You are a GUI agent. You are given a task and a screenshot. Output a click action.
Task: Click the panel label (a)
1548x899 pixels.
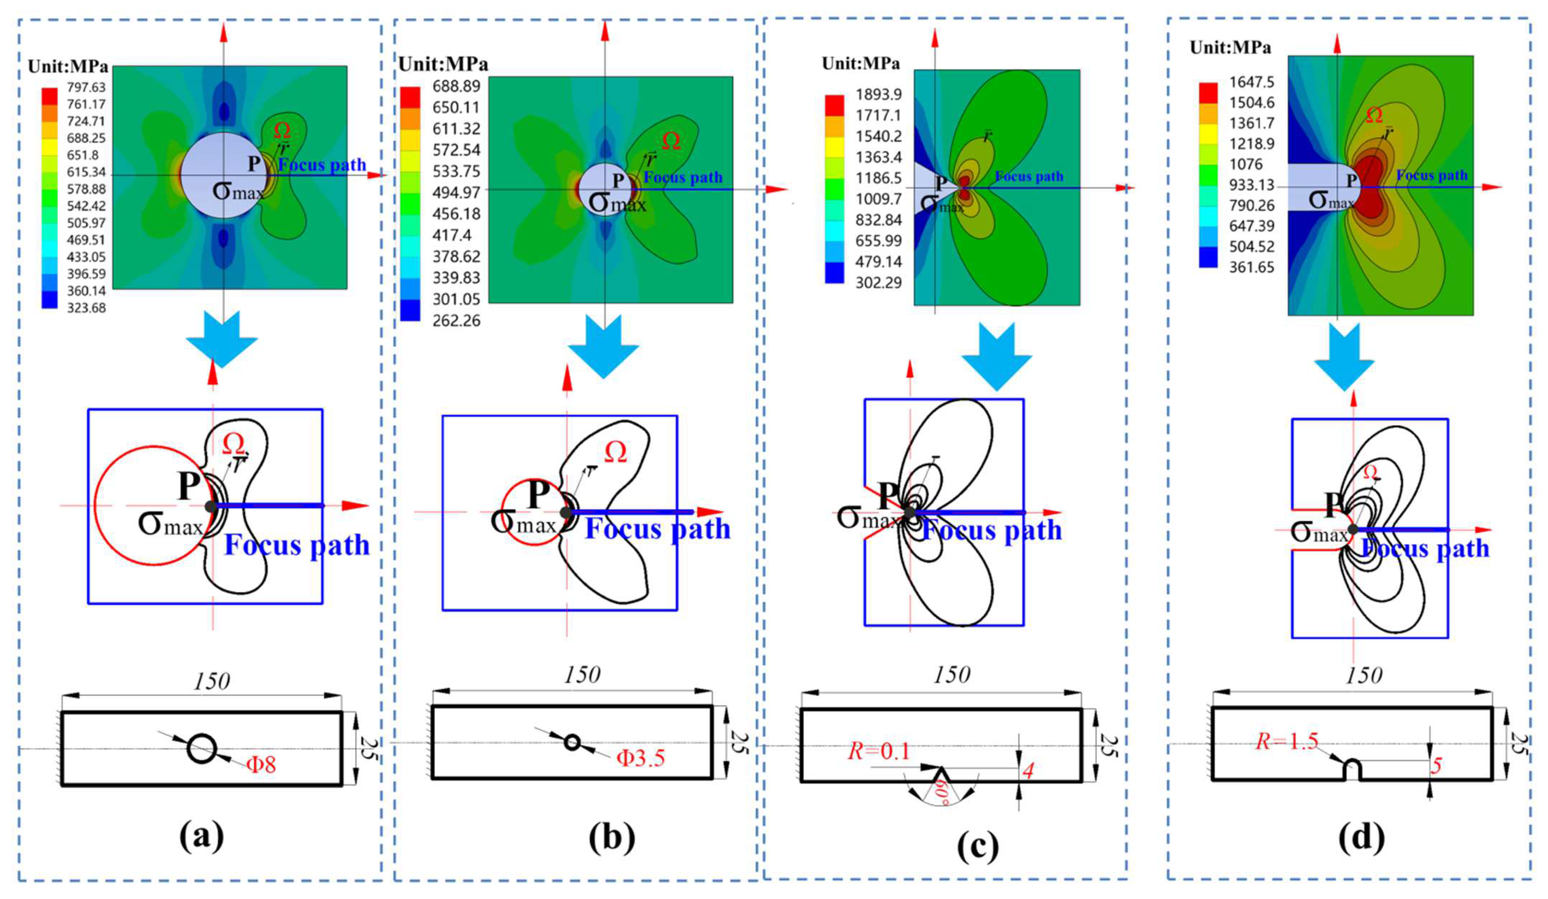tap(202, 837)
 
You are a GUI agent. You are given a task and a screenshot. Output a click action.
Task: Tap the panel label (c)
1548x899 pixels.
tap(978, 846)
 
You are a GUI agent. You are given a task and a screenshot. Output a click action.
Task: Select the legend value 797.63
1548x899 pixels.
tap(86, 88)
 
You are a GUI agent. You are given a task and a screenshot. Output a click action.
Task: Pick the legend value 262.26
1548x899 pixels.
tap(457, 320)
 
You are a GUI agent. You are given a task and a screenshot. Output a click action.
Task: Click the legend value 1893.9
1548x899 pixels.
tap(878, 94)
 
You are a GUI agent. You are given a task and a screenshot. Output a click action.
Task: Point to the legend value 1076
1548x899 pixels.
tap(1246, 164)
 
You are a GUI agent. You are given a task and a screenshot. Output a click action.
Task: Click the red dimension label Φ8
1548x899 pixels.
tap(261, 765)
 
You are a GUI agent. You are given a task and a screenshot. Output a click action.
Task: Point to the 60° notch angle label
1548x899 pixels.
tap(941, 793)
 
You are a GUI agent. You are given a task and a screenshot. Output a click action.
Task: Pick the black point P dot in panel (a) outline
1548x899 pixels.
tap(211, 506)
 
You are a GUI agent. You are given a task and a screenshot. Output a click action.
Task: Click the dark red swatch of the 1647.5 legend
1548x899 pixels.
tap(1208, 92)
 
